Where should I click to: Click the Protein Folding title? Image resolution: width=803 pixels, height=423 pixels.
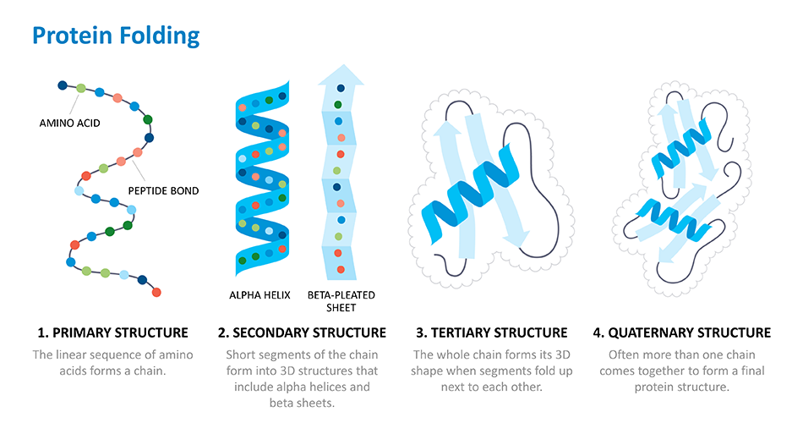tap(116, 36)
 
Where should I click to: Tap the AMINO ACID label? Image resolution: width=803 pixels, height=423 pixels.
tap(69, 123)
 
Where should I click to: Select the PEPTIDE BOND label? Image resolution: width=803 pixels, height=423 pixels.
tap(163, 190)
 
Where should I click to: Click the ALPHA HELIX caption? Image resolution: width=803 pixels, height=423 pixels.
tap(259, 295)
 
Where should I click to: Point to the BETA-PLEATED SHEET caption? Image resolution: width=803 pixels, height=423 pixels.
tap(341, 301)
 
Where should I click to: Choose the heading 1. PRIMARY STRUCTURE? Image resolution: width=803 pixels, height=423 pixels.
tap(112, 332)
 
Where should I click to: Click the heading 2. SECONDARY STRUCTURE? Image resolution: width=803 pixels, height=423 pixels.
tap(302, 332)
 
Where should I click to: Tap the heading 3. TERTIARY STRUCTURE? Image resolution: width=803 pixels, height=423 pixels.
tap(492, 332)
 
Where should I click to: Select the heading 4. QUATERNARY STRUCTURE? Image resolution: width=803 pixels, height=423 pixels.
tap(681, 332)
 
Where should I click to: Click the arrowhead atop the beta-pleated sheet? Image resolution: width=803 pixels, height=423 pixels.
tap(341, 74)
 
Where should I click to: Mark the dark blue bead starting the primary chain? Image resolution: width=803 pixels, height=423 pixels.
tap(63, 85)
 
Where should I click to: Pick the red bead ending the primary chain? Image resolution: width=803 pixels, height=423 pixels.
tap(156, 292)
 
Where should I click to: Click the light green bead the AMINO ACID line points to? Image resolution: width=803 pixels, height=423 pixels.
tap(81, 88)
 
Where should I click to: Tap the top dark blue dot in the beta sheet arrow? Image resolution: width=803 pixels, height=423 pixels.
tap(341, 88)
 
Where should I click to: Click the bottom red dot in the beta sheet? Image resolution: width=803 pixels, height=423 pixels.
tap(341, 270)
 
